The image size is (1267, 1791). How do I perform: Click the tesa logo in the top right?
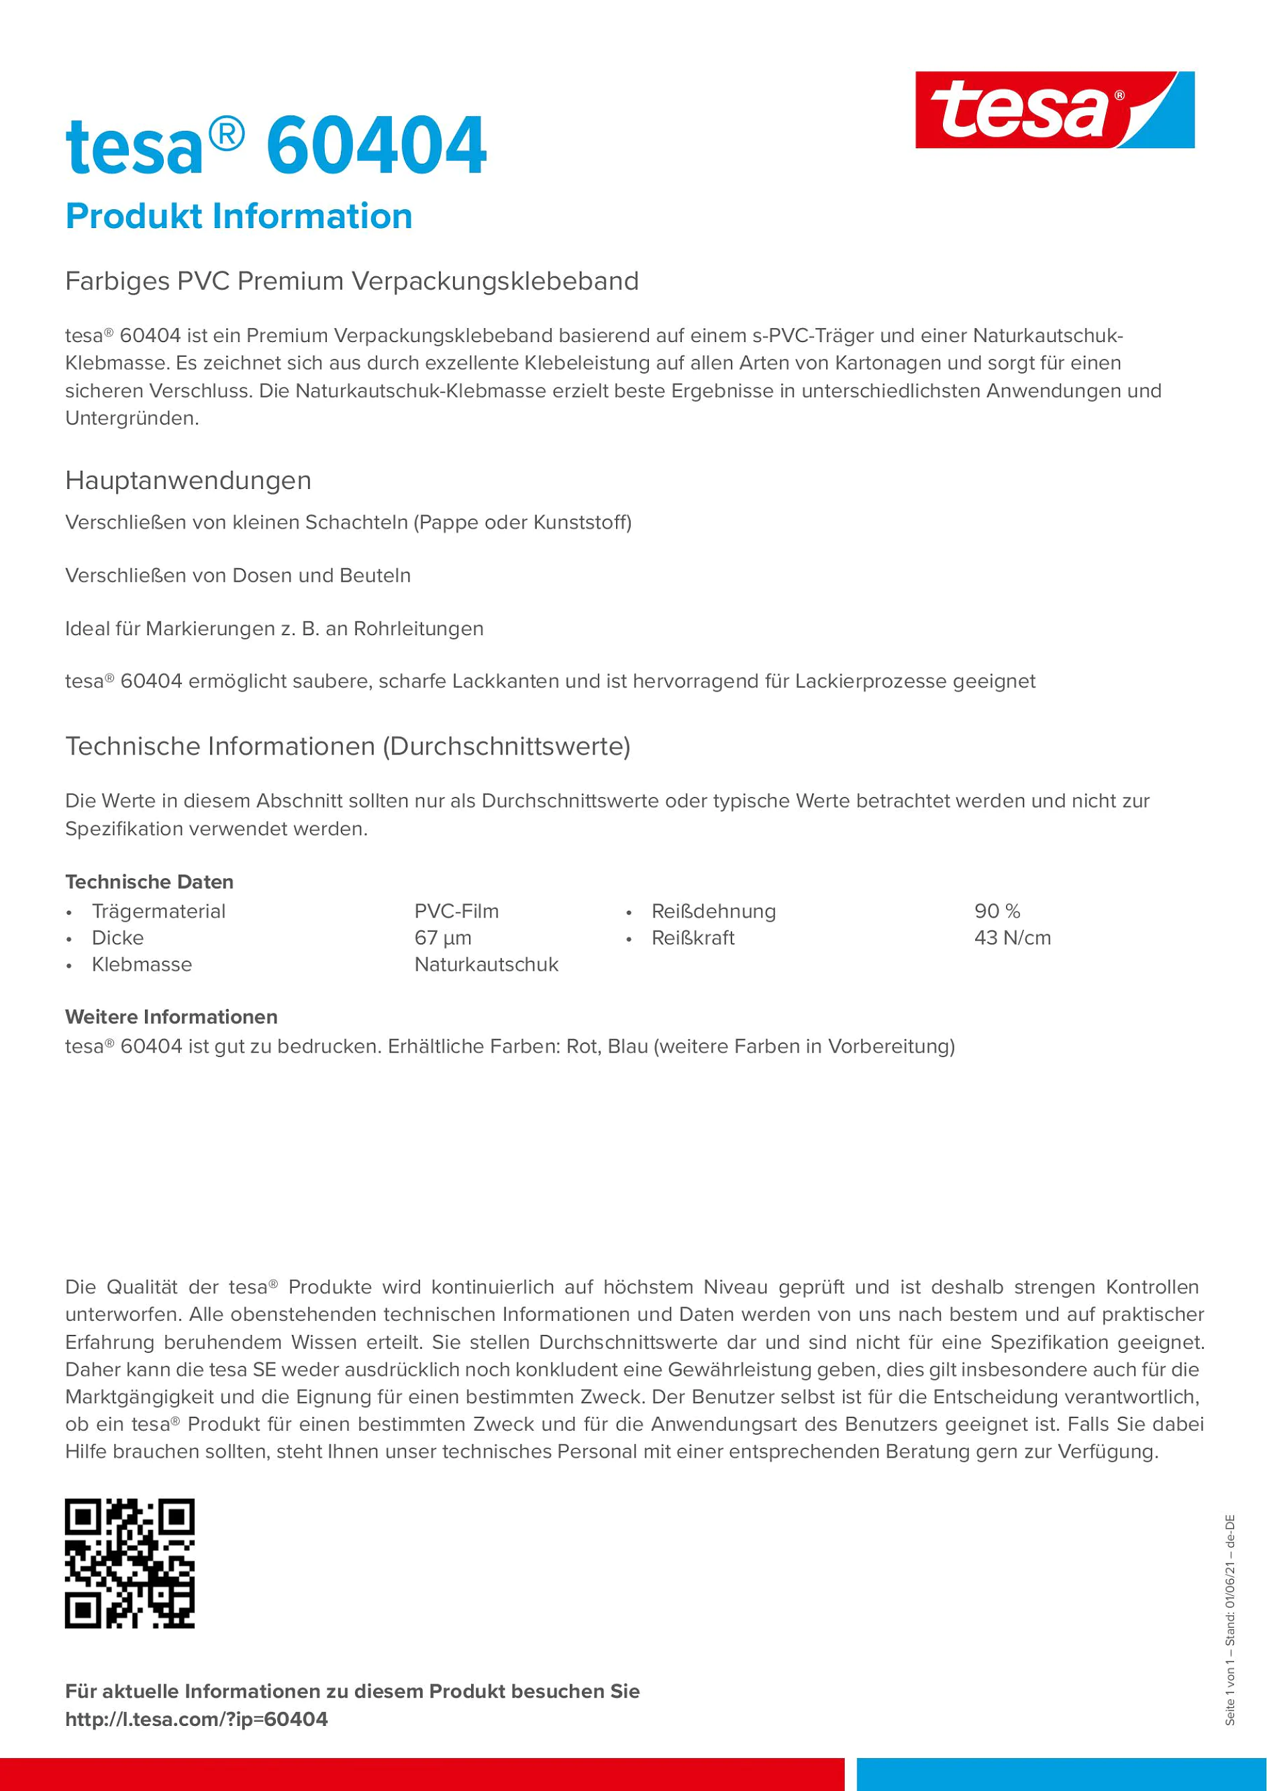point(1054,110)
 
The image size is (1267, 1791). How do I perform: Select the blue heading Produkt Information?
point(239,216)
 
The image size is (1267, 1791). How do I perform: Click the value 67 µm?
point(442,938)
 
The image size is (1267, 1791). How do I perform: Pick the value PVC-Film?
point(456,911)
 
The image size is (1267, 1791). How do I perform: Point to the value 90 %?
point(997,911)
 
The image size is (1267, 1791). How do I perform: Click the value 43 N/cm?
point(1012,938)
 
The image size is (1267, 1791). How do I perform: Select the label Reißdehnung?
point(713,911)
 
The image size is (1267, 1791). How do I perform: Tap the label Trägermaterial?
point(158,911)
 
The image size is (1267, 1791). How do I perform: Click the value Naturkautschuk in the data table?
point(486,964)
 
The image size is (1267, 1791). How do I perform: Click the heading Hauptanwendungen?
point(188,480)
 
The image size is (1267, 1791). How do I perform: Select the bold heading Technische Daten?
point(149,882)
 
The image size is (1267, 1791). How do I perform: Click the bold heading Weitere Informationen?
point(171,1017)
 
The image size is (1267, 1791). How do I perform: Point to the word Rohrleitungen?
point(418,629)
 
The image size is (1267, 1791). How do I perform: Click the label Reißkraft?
point(693,938)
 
